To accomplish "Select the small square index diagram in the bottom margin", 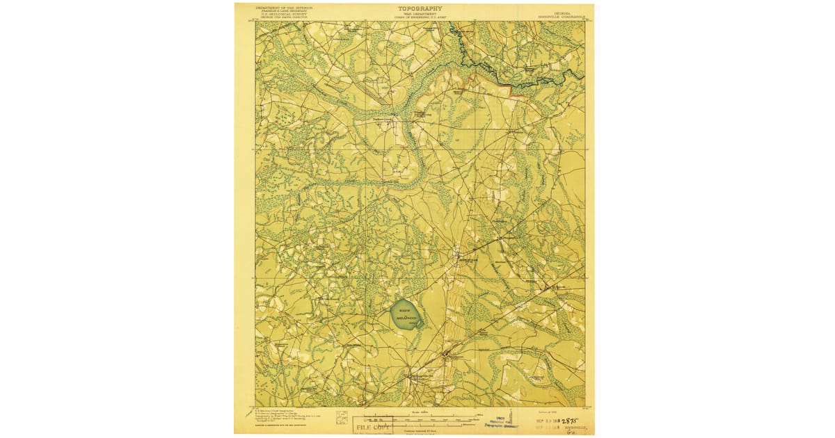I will click(342, 417).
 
